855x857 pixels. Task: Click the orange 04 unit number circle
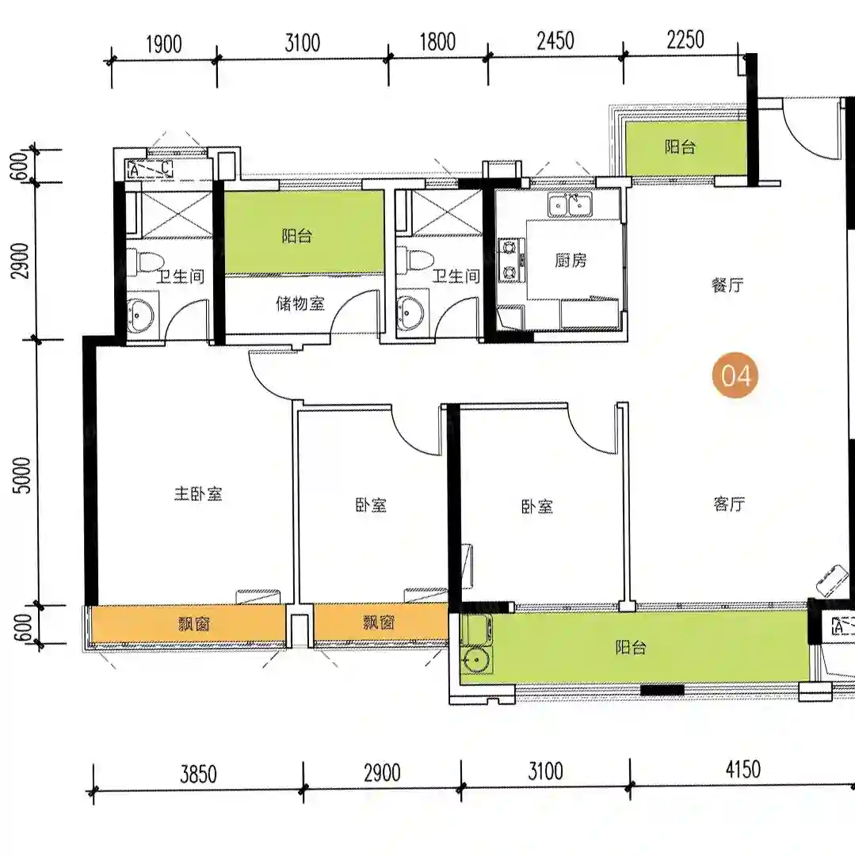(x=735, y=375)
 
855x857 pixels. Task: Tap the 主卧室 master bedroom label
(x=198, y=494)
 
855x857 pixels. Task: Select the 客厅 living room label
(x=729, y=504)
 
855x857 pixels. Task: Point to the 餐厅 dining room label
(x=727, y=285)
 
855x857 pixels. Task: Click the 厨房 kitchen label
(x=571, y=260)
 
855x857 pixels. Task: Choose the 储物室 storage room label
(x=300, y=303)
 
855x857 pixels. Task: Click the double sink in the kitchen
(x=570, y=205)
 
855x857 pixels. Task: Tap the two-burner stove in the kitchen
(x=510, y=260)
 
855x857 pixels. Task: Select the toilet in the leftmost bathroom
(x=145, y=261)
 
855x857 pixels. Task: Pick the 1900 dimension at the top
(x=163, y=44)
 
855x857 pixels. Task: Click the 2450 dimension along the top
(x=555, y=41)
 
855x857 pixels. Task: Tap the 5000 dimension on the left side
(x=22, y=475)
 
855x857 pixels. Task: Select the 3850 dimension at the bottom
(x=198, y=774)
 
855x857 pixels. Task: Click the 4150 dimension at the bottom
(x=743, y=770)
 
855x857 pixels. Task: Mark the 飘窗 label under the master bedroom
(x=194, y=623)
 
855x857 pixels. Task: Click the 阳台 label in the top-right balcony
(x=680, y=147)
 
